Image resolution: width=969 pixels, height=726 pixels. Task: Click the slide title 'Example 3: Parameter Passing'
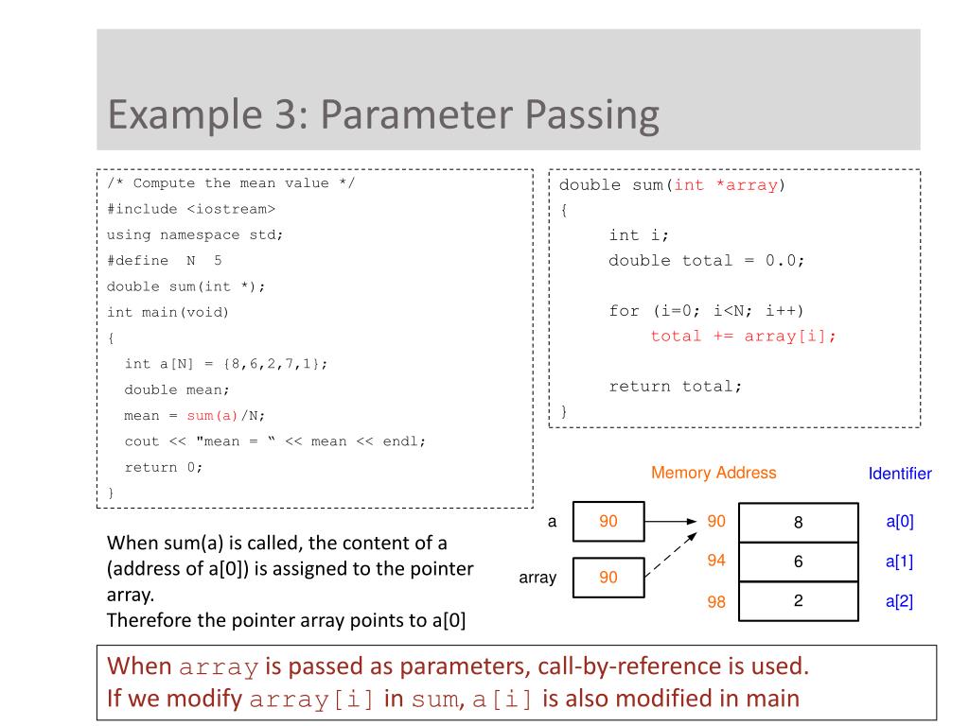(x=382, y=115)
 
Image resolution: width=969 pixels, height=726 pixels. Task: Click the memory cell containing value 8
(x=798, y=522)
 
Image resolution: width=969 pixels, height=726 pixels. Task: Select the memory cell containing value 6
(x=798, y=562)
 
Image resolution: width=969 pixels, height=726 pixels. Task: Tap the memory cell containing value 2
(x=798, y=600)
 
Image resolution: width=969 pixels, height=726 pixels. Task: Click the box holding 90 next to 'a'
(x=608, y=521)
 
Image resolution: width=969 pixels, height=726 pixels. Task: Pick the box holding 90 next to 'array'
(x=608, y=577)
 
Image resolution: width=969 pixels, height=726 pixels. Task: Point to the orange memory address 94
(x=716, y=561)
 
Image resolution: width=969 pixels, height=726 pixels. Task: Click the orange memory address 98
(x=716, y=602)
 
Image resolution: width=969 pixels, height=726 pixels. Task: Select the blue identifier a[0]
(x=899, y=521)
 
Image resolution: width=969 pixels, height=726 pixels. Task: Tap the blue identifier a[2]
(x=899, y=601)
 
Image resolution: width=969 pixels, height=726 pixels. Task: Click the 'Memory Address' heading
(x=714, y=473)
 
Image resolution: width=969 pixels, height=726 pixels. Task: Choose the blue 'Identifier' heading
(x=900, y=474)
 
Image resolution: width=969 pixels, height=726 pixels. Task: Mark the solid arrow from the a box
(x=674, y=521)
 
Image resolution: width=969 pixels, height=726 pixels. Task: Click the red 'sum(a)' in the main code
(x=212, y=415)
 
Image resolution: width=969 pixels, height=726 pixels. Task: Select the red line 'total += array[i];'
(x=744, y=336)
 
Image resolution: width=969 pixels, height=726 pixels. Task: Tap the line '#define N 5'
(x=165, y=260)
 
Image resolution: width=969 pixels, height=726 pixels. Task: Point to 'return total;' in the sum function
(x=676, y=386)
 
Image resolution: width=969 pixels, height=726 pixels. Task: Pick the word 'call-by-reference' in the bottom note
(x=629, y=665)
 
